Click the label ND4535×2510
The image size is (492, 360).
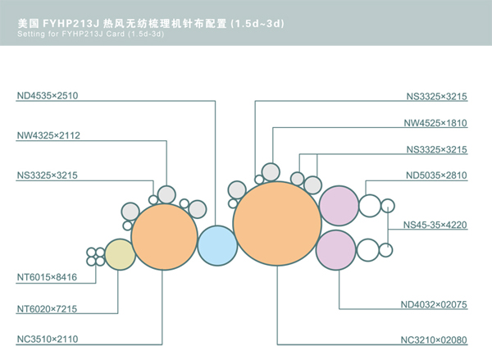(47, 95)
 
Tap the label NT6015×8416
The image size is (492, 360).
(47, 279)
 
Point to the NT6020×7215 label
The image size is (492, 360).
(47, 309)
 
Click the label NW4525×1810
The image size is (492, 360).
(435, 123)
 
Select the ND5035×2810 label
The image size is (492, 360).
(436, 175)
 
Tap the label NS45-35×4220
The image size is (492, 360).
(435, 225)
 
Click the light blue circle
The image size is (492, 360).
(216, 244)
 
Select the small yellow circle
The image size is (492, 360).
(120, 256)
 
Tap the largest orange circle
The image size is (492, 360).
(277, 223)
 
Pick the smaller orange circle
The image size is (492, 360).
(164, 236)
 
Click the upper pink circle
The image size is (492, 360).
(338, 207)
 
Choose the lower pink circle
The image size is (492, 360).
(335, 248)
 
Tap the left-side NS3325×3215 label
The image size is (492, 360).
(48, 175)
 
